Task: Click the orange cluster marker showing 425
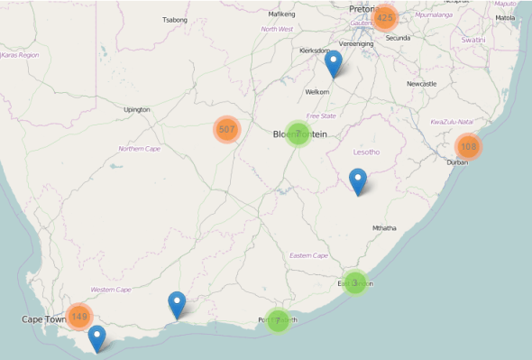[x=385, y=18]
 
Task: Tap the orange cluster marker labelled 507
[x=226, y=130]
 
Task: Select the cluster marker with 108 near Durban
[x=467, y=146]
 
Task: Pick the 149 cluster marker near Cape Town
[x=79, y=316]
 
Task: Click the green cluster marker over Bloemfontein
[x=298, y=134]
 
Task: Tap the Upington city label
[x=137, y=110]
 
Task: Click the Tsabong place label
[x=174, y=19]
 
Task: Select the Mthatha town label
[x=383, y=228]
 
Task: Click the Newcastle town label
[x=421, y=84]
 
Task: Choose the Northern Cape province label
[x=140, y=149]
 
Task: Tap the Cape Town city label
[x=44, y=319]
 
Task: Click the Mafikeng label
[x=282, y=14]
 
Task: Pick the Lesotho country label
[x=367, y=152]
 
